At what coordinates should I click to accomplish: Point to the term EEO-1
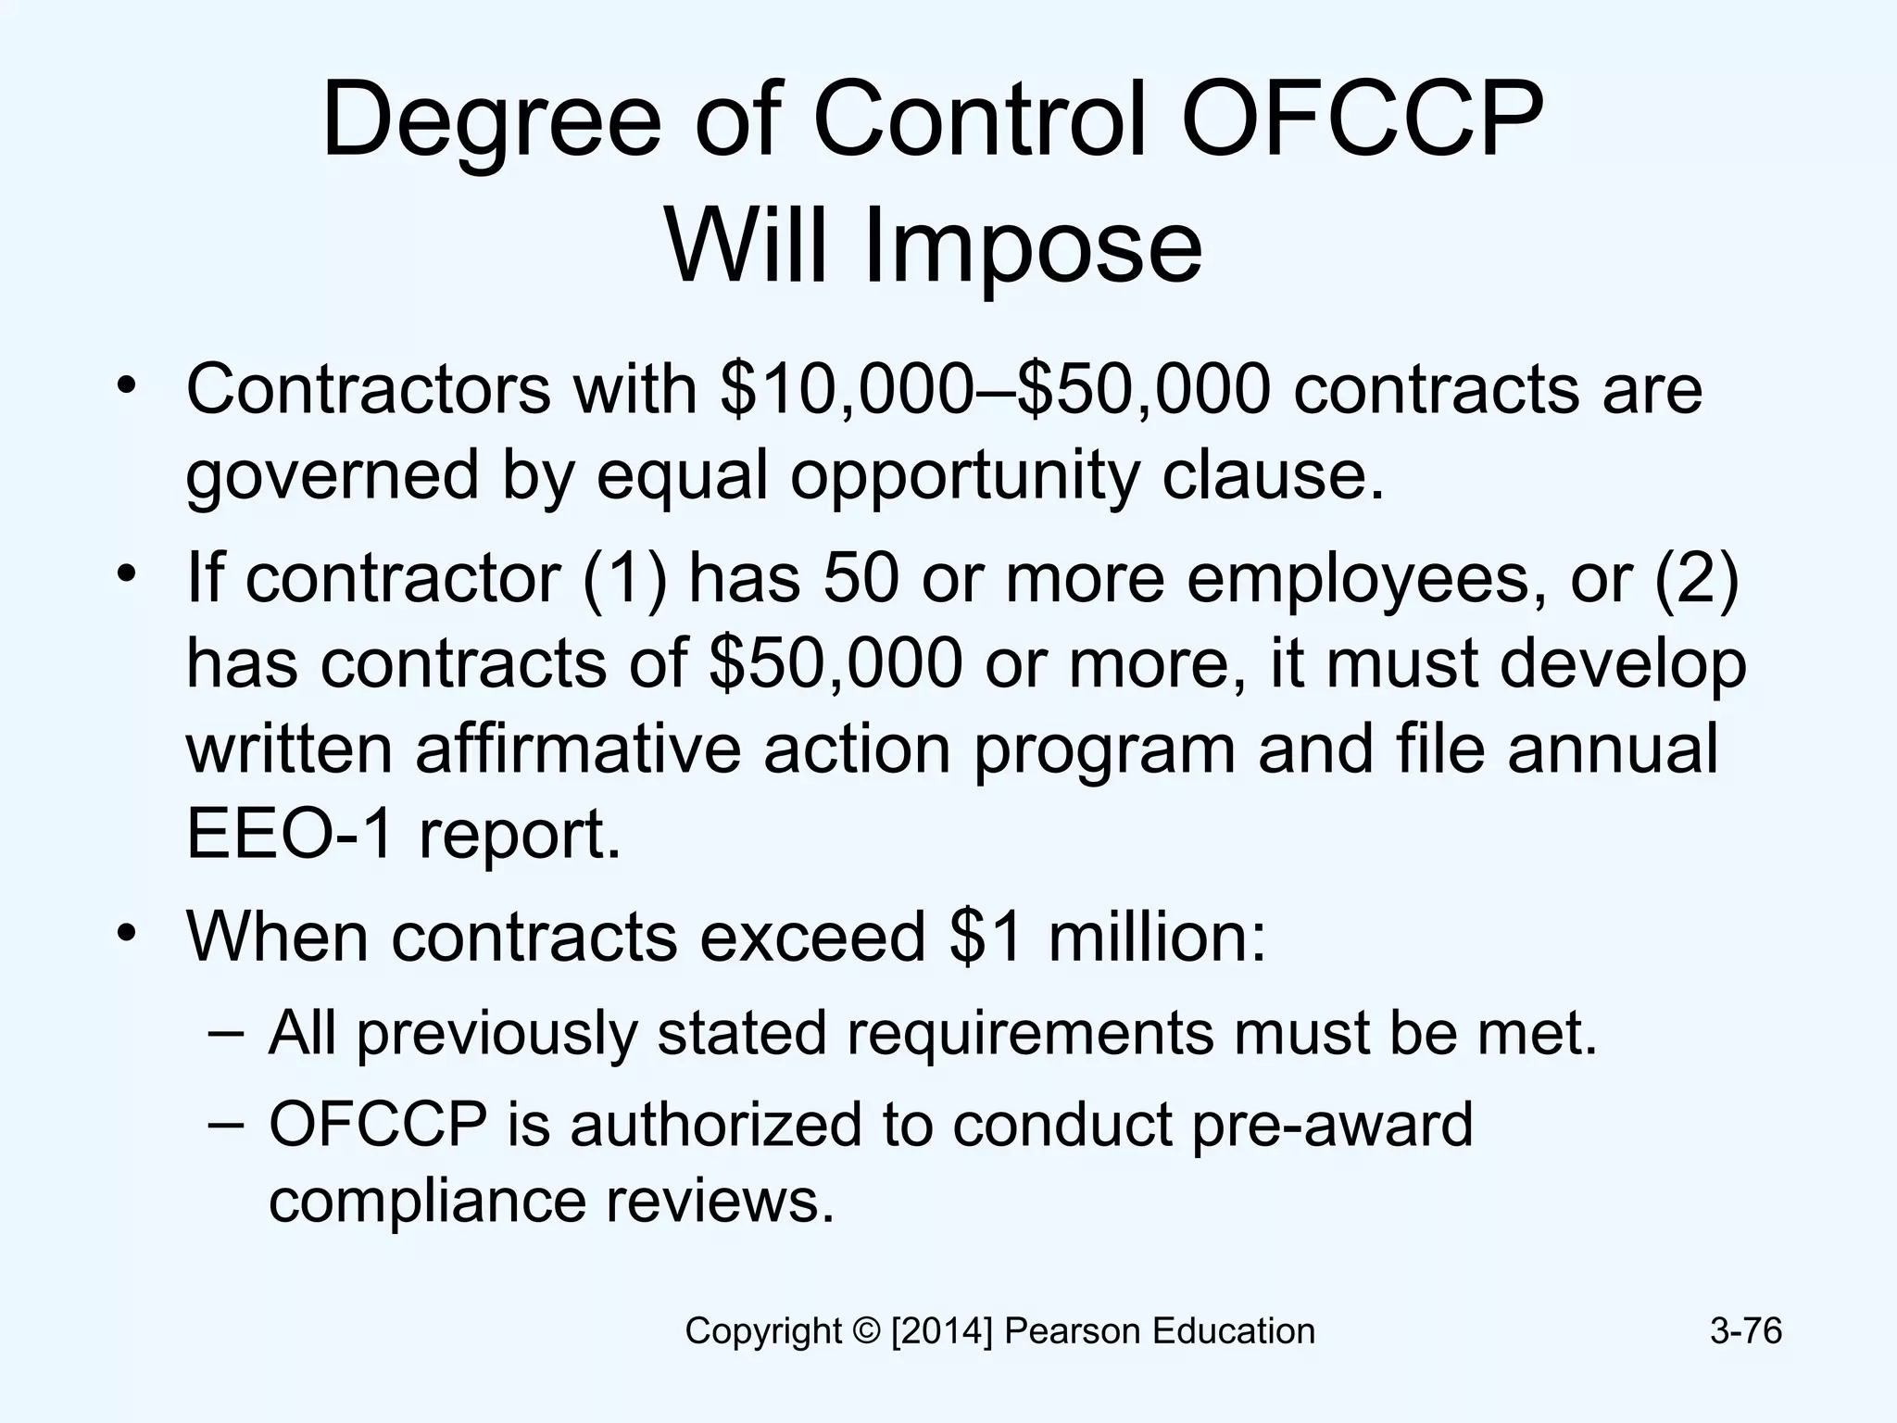tap(292, 834)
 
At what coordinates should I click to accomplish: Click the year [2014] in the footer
tap(942, 1331)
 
